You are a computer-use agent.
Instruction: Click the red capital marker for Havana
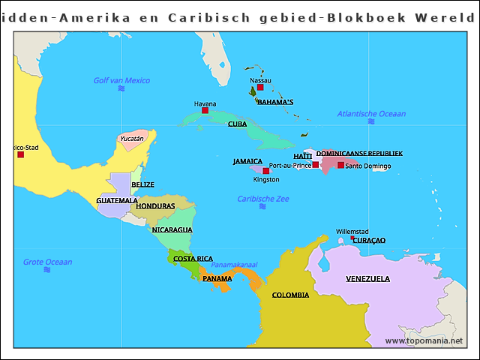[205, 111]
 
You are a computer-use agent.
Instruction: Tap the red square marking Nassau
[260, 88]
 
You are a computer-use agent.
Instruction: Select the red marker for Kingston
[265, 171]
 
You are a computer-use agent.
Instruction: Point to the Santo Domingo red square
[340, 165]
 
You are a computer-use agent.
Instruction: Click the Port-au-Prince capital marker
[316, 165]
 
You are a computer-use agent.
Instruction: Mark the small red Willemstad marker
[352, 238]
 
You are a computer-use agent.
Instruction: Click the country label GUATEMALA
[117, 200]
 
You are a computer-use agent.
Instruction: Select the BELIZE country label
[142, 184]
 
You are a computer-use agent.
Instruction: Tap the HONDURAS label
[155, 205]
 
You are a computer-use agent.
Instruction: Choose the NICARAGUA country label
[172, 229]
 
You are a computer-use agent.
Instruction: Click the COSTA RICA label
[193, 259]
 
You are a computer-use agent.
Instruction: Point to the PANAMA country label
[217, 278]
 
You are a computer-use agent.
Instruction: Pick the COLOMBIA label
[290, 295]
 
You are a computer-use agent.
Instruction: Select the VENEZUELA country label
[367, 279]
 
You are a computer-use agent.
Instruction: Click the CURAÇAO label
[369, 240]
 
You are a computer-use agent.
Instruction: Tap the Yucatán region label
[132, 138]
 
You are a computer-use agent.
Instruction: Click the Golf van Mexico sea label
[121, 80]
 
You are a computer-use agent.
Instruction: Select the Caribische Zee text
[263, 199]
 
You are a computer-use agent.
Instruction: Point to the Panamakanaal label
[234, 265]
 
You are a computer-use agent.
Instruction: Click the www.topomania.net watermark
[424, 340]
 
